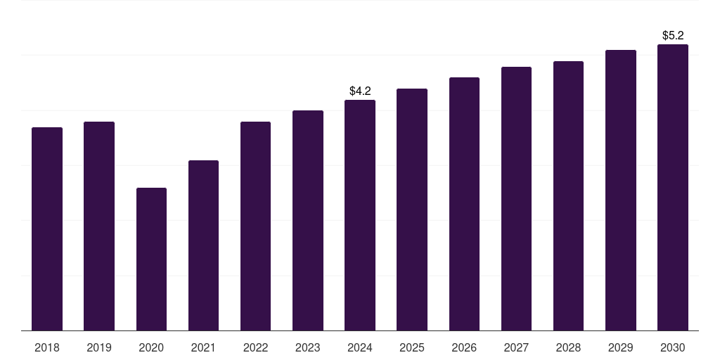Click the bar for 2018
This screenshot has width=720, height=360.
click(x=47, y=229)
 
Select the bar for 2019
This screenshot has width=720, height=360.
click(x=99, y=226)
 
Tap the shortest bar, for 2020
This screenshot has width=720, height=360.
click(x=151, y=259)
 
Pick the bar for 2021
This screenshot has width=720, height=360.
click(x=203, y=245)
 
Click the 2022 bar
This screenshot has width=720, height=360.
click(x=255, y=226)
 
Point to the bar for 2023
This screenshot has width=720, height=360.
click(x=308, y=220)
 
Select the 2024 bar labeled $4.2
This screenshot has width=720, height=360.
click(x=360, y=215)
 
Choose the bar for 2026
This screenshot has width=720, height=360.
click(x=464, y=204)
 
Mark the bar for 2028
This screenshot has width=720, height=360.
click(x=568, y=195)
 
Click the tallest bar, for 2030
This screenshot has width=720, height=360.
click(x=673, y=187)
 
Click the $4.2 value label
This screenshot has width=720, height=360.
click(x=360, y=91)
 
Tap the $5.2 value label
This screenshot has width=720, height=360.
click(x=673, y=35)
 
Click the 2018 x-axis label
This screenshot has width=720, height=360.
click(x=47, y=347)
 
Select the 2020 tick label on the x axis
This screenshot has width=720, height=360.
click(x=151, y=347)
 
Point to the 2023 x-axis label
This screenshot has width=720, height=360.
click(x=308, y=347)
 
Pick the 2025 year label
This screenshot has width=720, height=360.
click(x=412, y=347)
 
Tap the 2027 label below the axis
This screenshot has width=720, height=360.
click(x=516, y=347)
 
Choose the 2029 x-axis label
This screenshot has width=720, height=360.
click(x=621, y=347)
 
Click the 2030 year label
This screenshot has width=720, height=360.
click(x=673, y=347)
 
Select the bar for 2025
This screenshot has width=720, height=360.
click(x=412, y=210)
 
